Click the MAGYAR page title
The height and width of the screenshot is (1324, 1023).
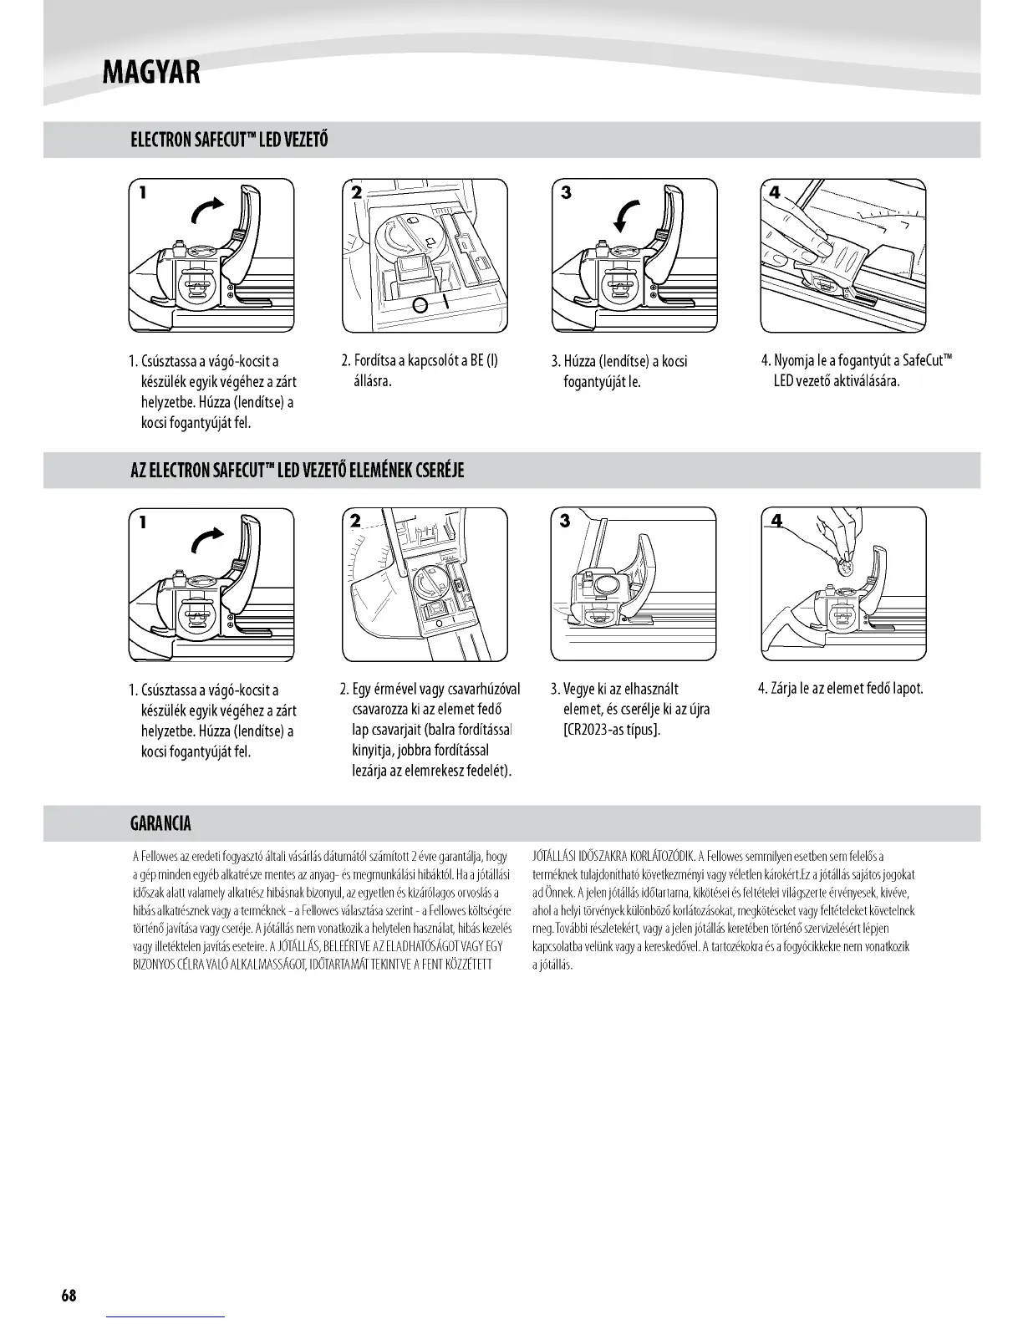tap(150, 72)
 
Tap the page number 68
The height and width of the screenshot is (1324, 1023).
tap(69, 1296)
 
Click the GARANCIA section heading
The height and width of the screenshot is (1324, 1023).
tap(161, 823)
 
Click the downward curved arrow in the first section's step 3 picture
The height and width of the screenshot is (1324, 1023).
tap(627, 215)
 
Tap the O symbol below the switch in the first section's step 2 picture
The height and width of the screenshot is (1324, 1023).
tap(421, 306)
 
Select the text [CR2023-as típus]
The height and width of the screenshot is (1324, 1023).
tap(612, 730)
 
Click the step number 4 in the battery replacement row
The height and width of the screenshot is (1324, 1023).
tap(776, 522)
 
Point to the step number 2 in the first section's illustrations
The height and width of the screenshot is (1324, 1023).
tap(356, 192)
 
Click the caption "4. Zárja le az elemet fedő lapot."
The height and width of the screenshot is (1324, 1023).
tap(840, 689)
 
